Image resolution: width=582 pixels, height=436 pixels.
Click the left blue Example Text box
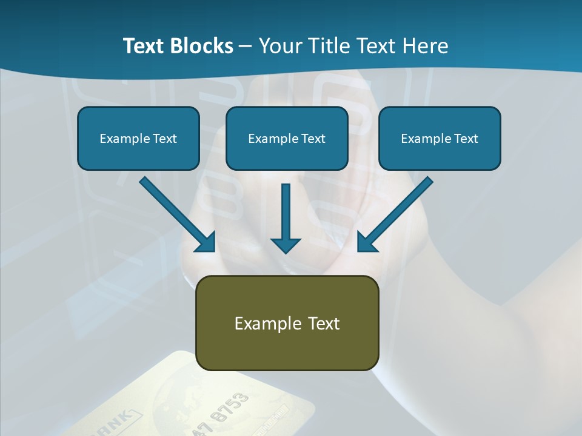point(138,138)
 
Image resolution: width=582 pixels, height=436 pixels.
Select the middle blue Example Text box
point(287,138)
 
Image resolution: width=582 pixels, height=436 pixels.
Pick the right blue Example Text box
point(440,138)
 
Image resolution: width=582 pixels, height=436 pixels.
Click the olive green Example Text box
point(287,323)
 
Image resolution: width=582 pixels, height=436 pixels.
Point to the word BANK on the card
point(116,421)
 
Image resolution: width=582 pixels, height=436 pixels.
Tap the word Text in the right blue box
point(465,139)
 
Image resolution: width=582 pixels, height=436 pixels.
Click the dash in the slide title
point(246,46)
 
